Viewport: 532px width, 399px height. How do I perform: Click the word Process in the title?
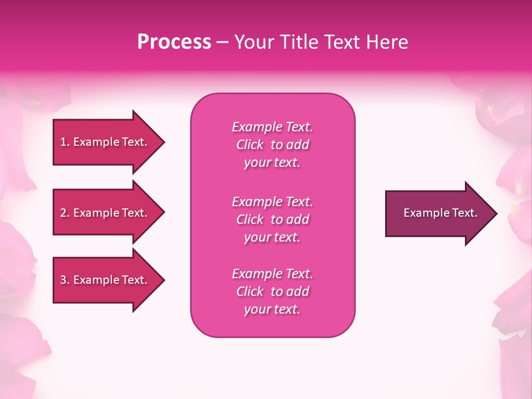pos(174,42)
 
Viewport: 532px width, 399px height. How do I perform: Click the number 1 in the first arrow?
pos(63,142)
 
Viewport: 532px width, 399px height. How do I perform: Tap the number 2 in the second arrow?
pos(63,213)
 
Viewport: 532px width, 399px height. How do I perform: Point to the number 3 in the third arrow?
pos(63,280)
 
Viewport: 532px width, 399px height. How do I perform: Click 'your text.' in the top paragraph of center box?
pos(272,162)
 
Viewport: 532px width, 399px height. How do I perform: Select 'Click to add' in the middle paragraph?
pos(272,219)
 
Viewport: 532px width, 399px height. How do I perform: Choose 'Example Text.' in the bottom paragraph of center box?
pos(272,274)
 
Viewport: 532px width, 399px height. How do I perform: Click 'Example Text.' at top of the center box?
pos(272,127)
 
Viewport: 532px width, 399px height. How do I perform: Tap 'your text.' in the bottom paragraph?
pos(272,309)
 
